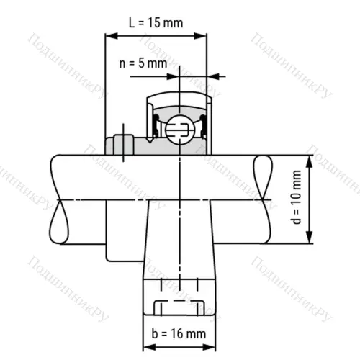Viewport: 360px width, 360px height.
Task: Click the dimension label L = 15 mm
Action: pos(156,22)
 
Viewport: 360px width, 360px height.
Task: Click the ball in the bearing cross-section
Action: pos(178,130)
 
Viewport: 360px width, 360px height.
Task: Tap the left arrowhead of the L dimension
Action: pos(110,34)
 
